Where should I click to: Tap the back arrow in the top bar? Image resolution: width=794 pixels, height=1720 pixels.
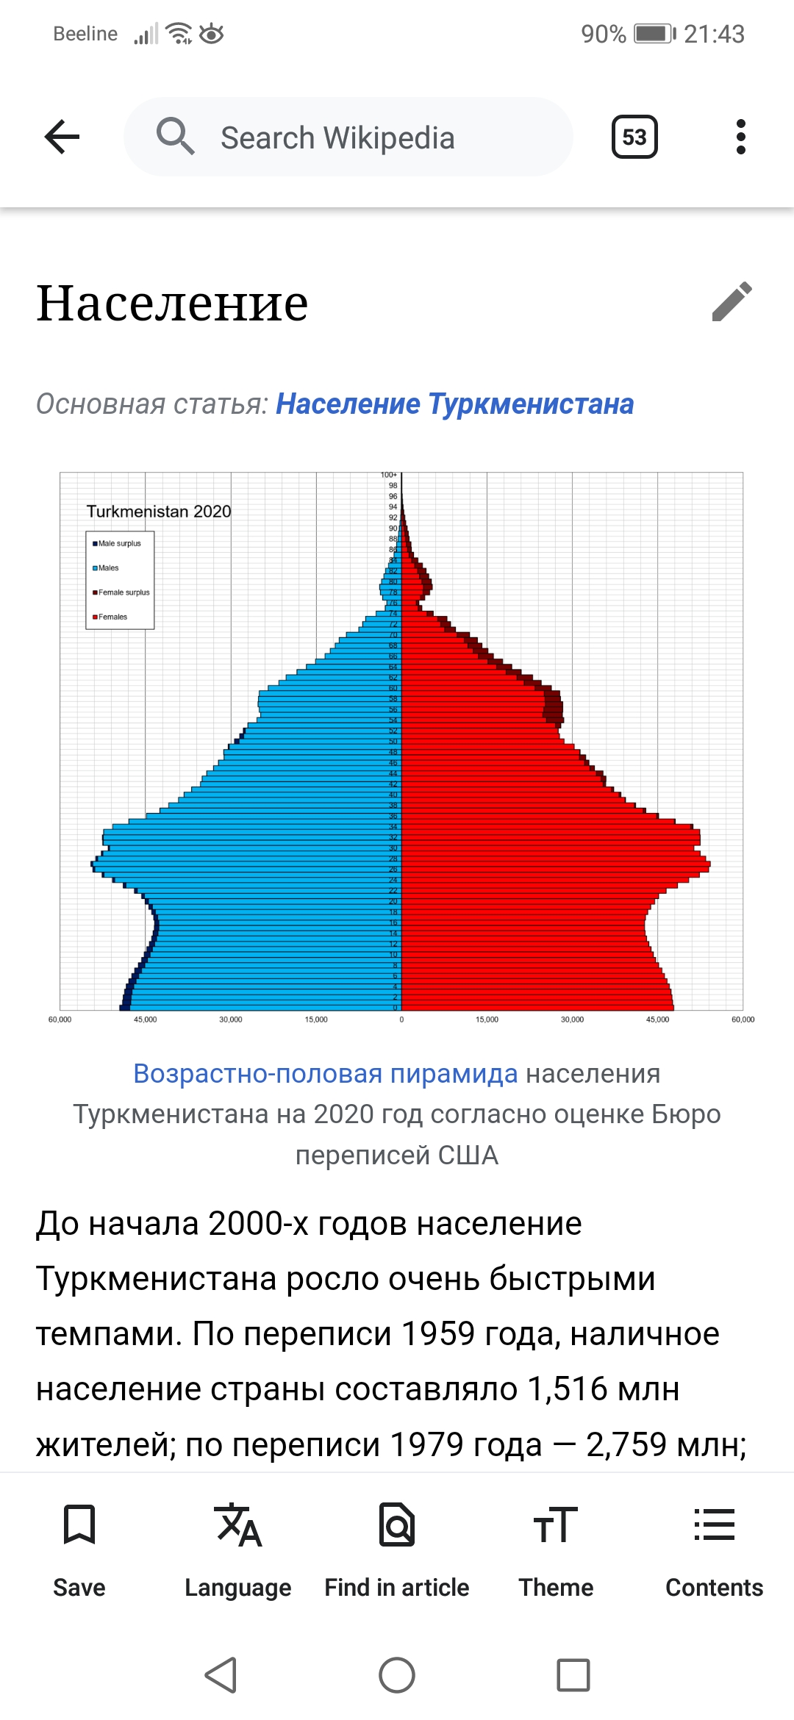pos(62,137)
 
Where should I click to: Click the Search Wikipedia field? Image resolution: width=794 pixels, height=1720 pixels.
pos(348,137)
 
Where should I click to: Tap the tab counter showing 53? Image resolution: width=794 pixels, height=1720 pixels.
pos(634,137)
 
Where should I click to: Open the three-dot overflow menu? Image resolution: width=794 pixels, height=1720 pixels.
pos(740,137)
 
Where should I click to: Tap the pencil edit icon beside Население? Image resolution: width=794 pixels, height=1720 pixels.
pos(732,301)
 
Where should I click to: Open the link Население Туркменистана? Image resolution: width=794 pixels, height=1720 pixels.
pos(454,404)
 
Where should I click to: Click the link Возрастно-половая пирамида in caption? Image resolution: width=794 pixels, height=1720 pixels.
pos(325,1074)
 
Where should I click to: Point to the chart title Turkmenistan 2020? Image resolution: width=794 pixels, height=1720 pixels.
pos(158,512)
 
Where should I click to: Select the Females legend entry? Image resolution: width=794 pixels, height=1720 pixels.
pos(112,617)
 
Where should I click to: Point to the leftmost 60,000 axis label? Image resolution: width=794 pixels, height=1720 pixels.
pos(60,1020)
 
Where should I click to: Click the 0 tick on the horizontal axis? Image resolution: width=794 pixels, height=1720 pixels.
pos(401,1020)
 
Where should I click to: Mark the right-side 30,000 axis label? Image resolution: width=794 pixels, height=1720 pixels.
pos(572,1020)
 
